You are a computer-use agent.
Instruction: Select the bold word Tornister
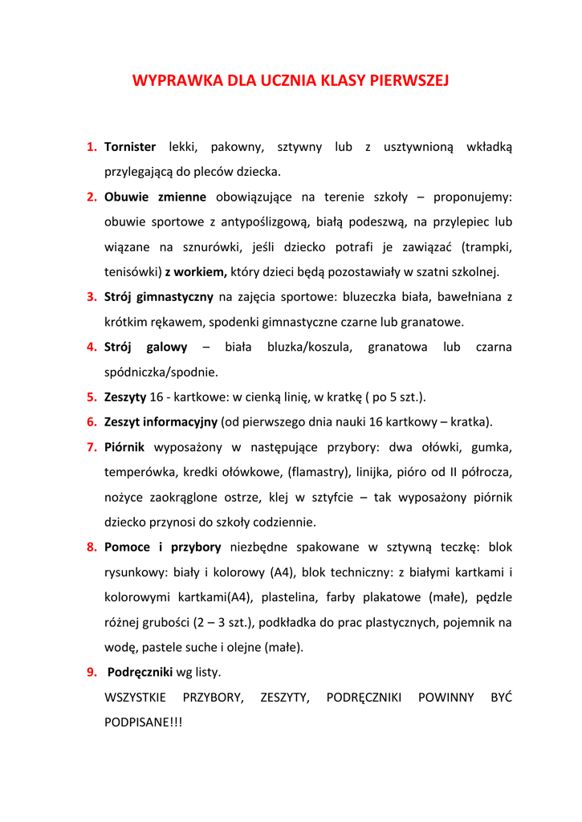(x=130, y=147)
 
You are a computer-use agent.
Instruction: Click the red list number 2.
(x=92, y=197)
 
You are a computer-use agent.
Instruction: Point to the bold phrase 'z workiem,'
(x=197, y=271)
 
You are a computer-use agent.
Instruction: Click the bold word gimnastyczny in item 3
(x=176, y=297)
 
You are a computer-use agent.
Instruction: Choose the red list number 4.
(x=92, y=347)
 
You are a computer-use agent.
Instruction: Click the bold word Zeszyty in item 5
(x=125, y=397)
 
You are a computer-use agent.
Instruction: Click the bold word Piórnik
(x=124, y=447)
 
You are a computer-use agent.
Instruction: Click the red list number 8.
(x=92, y=547)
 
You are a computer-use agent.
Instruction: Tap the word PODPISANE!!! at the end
(x=144, y=722)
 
